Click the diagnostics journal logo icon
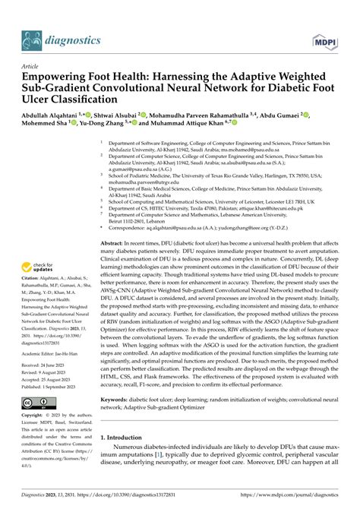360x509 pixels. point(31,39)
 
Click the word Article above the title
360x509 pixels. point(33,67)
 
